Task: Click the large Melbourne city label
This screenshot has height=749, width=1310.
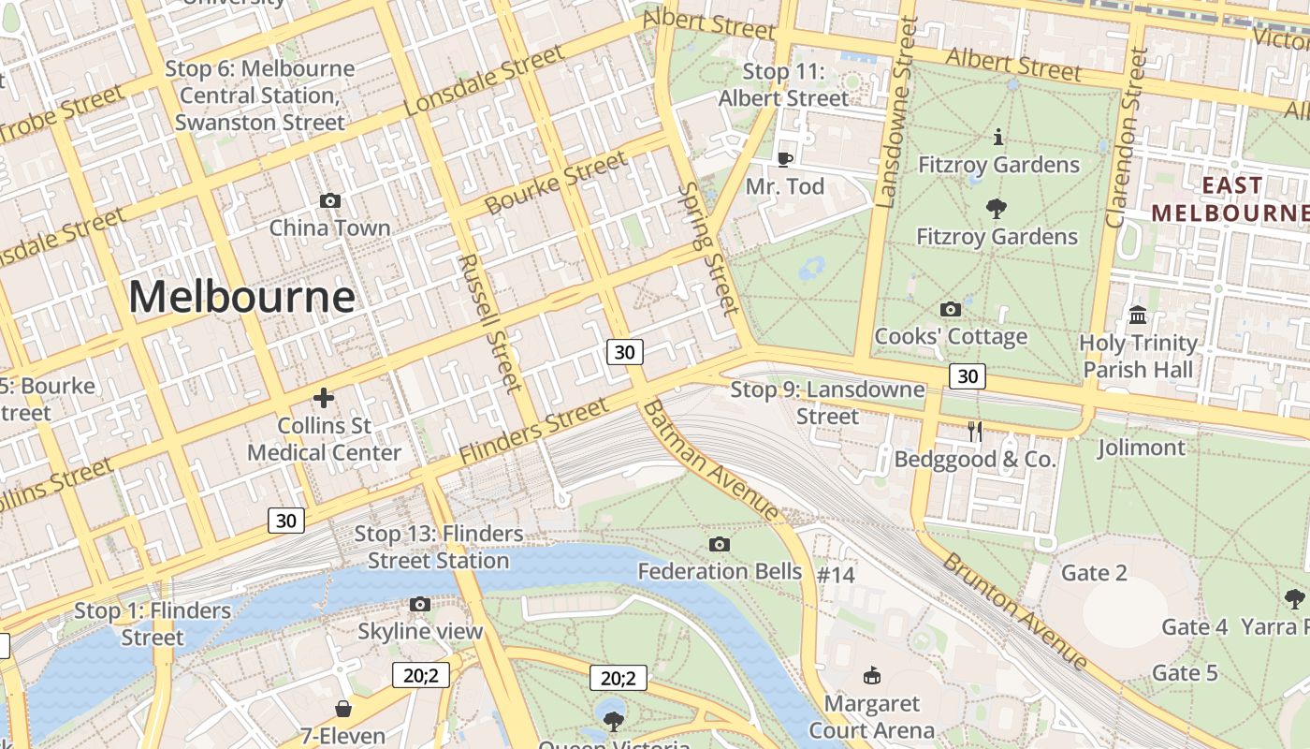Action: [241, 297]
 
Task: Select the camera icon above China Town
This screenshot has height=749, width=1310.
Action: [329, 200]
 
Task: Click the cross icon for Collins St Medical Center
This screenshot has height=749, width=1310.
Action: [324, 398]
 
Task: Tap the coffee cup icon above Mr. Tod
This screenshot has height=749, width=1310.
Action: [785, 159]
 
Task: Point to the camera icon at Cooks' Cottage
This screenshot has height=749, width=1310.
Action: [951, 309]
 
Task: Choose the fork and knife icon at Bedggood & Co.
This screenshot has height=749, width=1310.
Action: [975, 431]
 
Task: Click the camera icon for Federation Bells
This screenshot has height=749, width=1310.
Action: [720, 544]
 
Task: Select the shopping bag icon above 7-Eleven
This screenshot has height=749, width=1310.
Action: [343, 709]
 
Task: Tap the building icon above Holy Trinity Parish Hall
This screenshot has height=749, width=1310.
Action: [1138, 315]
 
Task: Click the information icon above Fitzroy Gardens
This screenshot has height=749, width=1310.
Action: [998, 138]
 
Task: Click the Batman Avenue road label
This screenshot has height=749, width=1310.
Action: [712, 461]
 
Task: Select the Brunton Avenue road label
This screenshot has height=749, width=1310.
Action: [1015, 611]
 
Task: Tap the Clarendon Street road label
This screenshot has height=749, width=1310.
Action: [1126, 139]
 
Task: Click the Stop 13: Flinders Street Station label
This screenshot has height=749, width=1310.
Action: [438, 547]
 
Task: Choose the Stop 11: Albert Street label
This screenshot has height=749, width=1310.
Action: [784, 84]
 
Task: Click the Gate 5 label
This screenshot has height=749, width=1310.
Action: [1185, 672]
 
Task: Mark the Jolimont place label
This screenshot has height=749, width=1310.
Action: [1141, 448]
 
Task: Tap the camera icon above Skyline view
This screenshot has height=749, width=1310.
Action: [420, 604]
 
